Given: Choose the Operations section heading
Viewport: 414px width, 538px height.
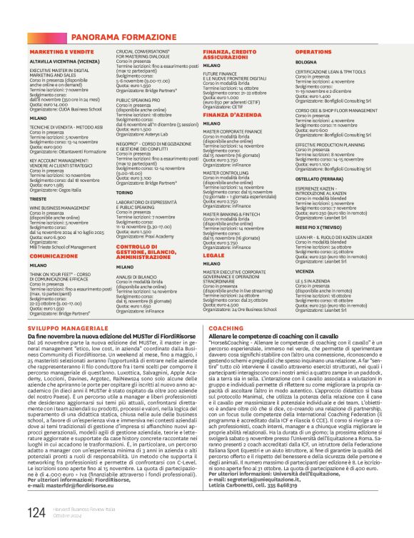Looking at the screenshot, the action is (313, 52).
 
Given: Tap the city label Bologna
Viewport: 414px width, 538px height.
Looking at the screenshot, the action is (306, 62).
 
